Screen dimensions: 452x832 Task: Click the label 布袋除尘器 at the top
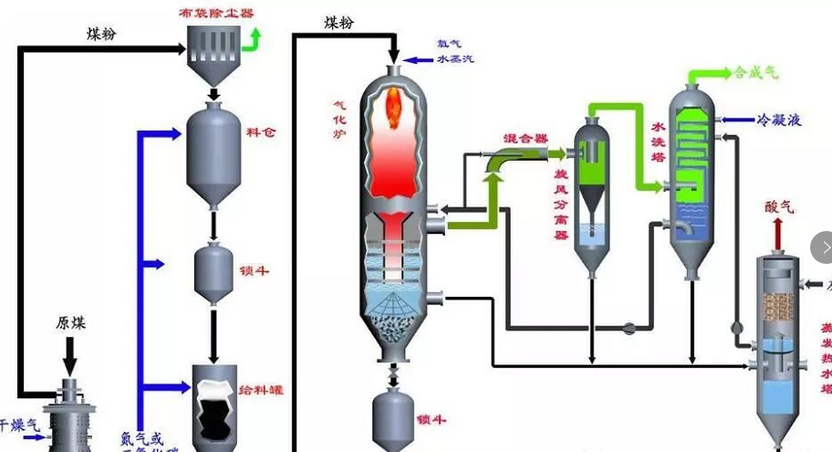(217, 13)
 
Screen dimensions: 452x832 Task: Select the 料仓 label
(261, 132)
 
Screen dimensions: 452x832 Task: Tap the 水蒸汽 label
(455, 59)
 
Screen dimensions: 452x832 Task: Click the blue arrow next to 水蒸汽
(419, 60)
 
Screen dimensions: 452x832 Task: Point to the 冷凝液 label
(779, 120)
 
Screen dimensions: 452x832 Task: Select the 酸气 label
(779, 207)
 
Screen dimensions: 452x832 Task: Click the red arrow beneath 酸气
(779, 235)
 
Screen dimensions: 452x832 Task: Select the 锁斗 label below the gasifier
(431, 420)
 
